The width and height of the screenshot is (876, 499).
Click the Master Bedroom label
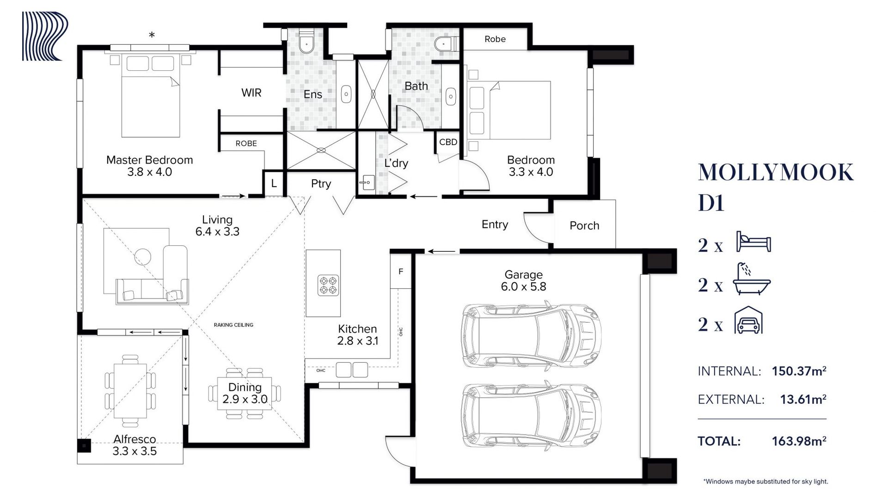[x=149, y=160]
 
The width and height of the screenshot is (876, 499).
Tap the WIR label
[x=251, y=93]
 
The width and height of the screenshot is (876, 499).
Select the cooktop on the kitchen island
[x=328, y=285]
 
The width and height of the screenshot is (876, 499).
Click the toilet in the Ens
[x=306, y=42]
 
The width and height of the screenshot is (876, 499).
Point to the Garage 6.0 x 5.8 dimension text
[x=523, y=286]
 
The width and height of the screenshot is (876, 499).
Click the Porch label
[x=584, y=225]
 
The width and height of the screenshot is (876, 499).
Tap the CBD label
[x=448, y=142]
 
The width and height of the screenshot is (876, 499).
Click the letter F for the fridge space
[x=401, y=272]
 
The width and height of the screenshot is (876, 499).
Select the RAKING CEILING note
[x=233, y=325]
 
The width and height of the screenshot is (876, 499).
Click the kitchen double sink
[x=352, y=370]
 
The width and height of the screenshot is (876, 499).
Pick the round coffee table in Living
[x=143, y=257]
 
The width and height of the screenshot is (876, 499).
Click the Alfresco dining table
[x=130, y=391]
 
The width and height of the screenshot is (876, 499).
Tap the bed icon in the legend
[x=753, y=242]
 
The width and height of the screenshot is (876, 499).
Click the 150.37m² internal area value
[x=799, y=371]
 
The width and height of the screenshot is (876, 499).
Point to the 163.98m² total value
[x=799, y=441]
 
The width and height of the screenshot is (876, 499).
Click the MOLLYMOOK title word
[x=776, y=172]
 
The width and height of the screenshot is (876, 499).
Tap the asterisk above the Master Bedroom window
[x=152, y=35]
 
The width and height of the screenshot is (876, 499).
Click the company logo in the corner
[x=45, y=36]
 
